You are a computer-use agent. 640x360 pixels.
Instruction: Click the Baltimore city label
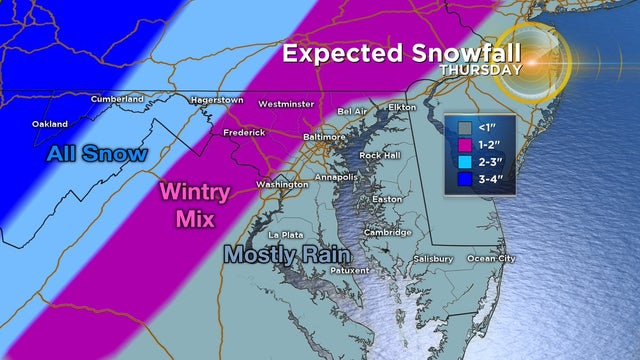pyautogui.click(x=324, y=136)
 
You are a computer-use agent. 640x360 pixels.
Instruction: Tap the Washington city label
pyautogui.click(x=281, y=185)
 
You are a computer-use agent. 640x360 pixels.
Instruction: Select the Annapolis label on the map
pyautogui.click(x=335, y=177)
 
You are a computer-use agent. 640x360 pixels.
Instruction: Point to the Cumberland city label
pyautogui.click(x=117, y=99)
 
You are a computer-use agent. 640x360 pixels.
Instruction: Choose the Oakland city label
pyautogui.click(x=50, y=124)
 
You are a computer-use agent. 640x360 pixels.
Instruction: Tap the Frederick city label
pyautogui.click(x=244, y=132)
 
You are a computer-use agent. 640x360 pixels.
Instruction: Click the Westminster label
pyautogui.click(x=286, y=104)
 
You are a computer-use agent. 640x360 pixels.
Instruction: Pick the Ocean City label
pyautogui.click(x=492, y=259)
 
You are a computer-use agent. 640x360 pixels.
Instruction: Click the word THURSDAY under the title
pyautogui.click(x=480, y=71)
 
